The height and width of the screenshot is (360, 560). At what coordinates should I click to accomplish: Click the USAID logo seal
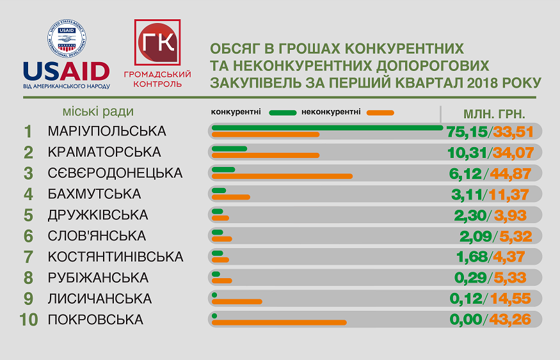tap(66, 40)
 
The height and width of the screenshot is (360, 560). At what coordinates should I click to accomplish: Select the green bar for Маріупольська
tap(326, 128)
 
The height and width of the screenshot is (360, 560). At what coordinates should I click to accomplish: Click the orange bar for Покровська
tap(279, 322)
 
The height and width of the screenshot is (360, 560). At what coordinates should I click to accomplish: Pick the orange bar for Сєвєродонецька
tap(282, 176)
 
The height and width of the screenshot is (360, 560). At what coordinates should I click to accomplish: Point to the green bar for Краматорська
tap(229, 149)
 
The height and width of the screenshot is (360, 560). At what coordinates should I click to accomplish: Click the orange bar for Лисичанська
tap(237, 301)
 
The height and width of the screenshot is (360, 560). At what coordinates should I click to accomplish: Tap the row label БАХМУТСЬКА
tap(94, 194)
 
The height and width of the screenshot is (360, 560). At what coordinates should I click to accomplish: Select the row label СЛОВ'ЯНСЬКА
tap(97, 235)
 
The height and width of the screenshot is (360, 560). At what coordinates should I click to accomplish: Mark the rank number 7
tap(28, 256)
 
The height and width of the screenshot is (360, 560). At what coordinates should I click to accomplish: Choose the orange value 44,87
tap(515, 173)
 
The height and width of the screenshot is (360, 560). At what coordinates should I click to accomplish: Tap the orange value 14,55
tap(515, 298)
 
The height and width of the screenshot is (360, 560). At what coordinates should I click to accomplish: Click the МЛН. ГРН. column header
tap(494, 114)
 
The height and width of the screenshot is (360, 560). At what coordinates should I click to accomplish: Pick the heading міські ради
tap(99, 111)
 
